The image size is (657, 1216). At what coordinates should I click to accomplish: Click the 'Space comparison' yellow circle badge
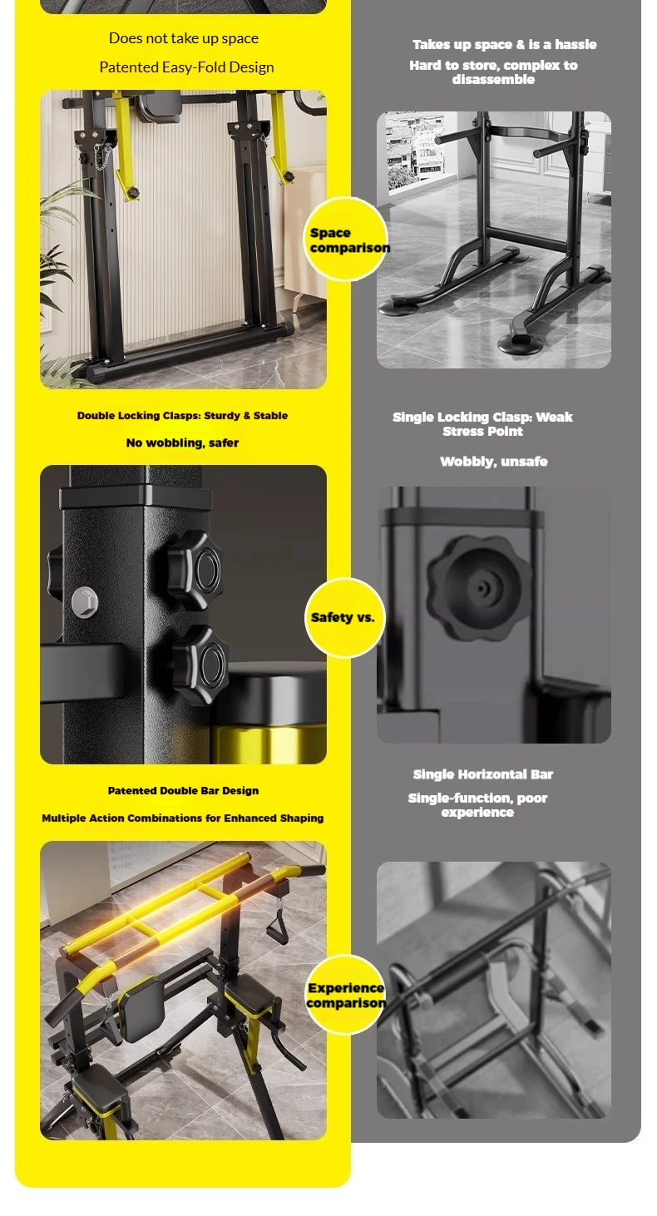pyautogui.click(x=345, y=240)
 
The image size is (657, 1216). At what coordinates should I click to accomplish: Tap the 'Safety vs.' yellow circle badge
pyautogui.click(x=345, y=618)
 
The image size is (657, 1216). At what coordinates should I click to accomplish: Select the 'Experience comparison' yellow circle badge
pyautogui.click(x=345, y=995)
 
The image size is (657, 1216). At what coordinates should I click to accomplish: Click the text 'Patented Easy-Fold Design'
pyautogui.click(x=186, y=67)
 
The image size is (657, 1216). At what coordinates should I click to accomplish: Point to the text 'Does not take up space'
pyautogui.click(x=184, y=38)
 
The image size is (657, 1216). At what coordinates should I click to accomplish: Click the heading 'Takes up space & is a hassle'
pyautogui.click(x=505, y=45)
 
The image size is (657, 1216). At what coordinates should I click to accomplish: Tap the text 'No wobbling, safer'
pyautogui.click(x=182, y=443)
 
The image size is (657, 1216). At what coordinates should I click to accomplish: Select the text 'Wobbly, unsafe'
pyautogui.click(x=493, y=462)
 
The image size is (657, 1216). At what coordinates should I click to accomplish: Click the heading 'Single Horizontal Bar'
pyautogui.click(x=482, y=774)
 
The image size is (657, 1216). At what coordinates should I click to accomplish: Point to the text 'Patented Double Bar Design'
pyautogui.click(x=183, y=790)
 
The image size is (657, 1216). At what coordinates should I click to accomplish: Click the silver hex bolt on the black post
pyautogui.click(x=85, y=602)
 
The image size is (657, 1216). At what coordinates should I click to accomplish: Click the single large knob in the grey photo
pyautogui.click(x=479, y=587)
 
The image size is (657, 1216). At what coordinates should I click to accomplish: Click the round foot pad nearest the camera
pyautogui.click(x=520, y=344)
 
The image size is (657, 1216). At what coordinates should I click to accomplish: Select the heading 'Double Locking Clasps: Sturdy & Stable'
pyautogui.click(x=182, y=416)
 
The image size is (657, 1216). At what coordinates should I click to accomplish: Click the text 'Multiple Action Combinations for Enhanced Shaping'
pyautogui.click(x=182, y=818)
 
